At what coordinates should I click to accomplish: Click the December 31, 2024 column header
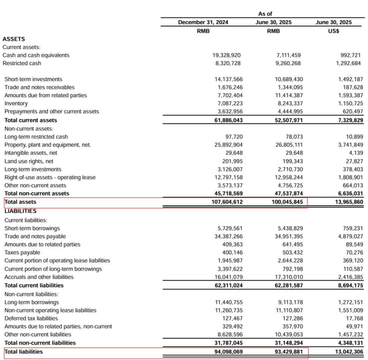pos(203,22)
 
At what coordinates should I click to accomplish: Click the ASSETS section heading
pos(13,39)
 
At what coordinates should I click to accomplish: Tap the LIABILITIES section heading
pos(20,211)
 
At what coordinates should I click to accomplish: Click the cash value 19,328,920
pos(227,55)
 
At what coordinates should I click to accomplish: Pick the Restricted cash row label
pos(22,63)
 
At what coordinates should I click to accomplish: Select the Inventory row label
pos(16,103)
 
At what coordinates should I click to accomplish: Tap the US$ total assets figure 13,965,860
pos(346,202)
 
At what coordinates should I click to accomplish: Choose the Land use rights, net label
pos(29,161)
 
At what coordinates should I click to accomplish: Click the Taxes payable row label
pos(22,252)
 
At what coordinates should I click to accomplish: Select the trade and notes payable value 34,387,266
pos(227,236)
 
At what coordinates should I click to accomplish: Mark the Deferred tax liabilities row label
pos(31,318)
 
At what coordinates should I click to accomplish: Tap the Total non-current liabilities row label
pos(40,342)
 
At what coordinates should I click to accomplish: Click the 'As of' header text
pos(265,13)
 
